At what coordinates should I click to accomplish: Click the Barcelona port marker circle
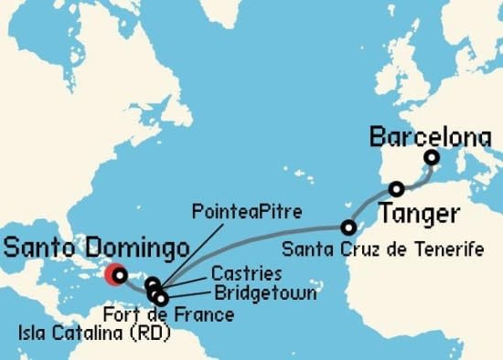pyautogui.click(x=431, y=158)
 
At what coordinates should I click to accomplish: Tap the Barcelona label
pyautogui.click(x=430, y=138)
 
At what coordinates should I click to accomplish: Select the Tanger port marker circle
pyautogui.click(x=396, y=189)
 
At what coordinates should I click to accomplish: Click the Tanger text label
pyautogui.click(x=415, y=214)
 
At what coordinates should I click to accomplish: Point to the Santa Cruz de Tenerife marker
pyautogui.click(x=348, y=227)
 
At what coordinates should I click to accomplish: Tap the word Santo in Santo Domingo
pyautogui.click(x=42, y=247)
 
